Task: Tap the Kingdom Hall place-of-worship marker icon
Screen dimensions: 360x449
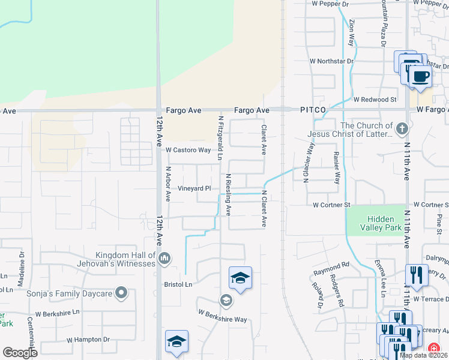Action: (x=164, y=259)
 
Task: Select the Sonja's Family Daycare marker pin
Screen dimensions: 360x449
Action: (x=121, y=293)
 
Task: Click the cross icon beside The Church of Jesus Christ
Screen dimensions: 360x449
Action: (x=402, y=128)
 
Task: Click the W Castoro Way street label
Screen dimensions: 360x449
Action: (x=188, y=150)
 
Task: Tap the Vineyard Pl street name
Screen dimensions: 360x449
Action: (x=194, y=188)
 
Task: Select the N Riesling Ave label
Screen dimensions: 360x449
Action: (x=228, y=196)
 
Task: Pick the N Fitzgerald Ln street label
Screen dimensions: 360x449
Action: (x=220, y=137)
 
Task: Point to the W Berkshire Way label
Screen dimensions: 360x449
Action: (x=223, y=316)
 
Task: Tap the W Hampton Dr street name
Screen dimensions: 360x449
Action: (x=89, y=340)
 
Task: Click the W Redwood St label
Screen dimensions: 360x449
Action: (x=375, y=99)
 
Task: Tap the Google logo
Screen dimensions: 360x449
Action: (x=20, y=352)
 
